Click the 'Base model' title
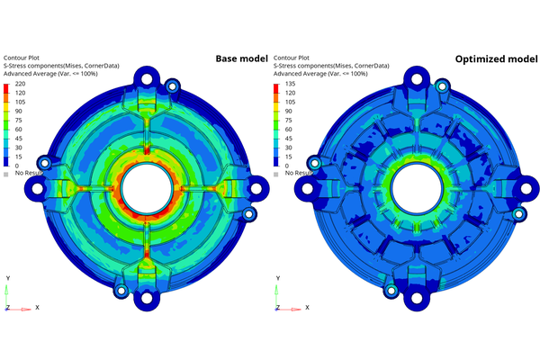tap(241, 59)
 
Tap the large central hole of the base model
tap(144, 187)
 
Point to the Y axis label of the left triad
tap(7, 278)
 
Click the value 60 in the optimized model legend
tap(288, 129)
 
